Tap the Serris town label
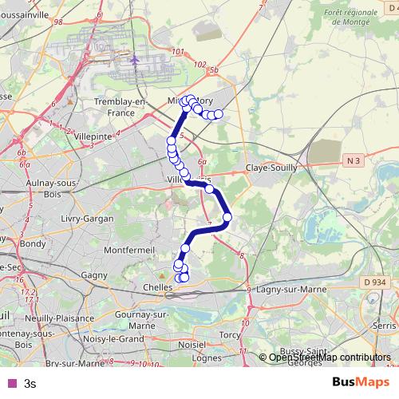383,327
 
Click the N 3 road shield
355,160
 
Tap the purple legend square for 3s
10,382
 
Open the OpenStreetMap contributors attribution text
330,358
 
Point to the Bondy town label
33,243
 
